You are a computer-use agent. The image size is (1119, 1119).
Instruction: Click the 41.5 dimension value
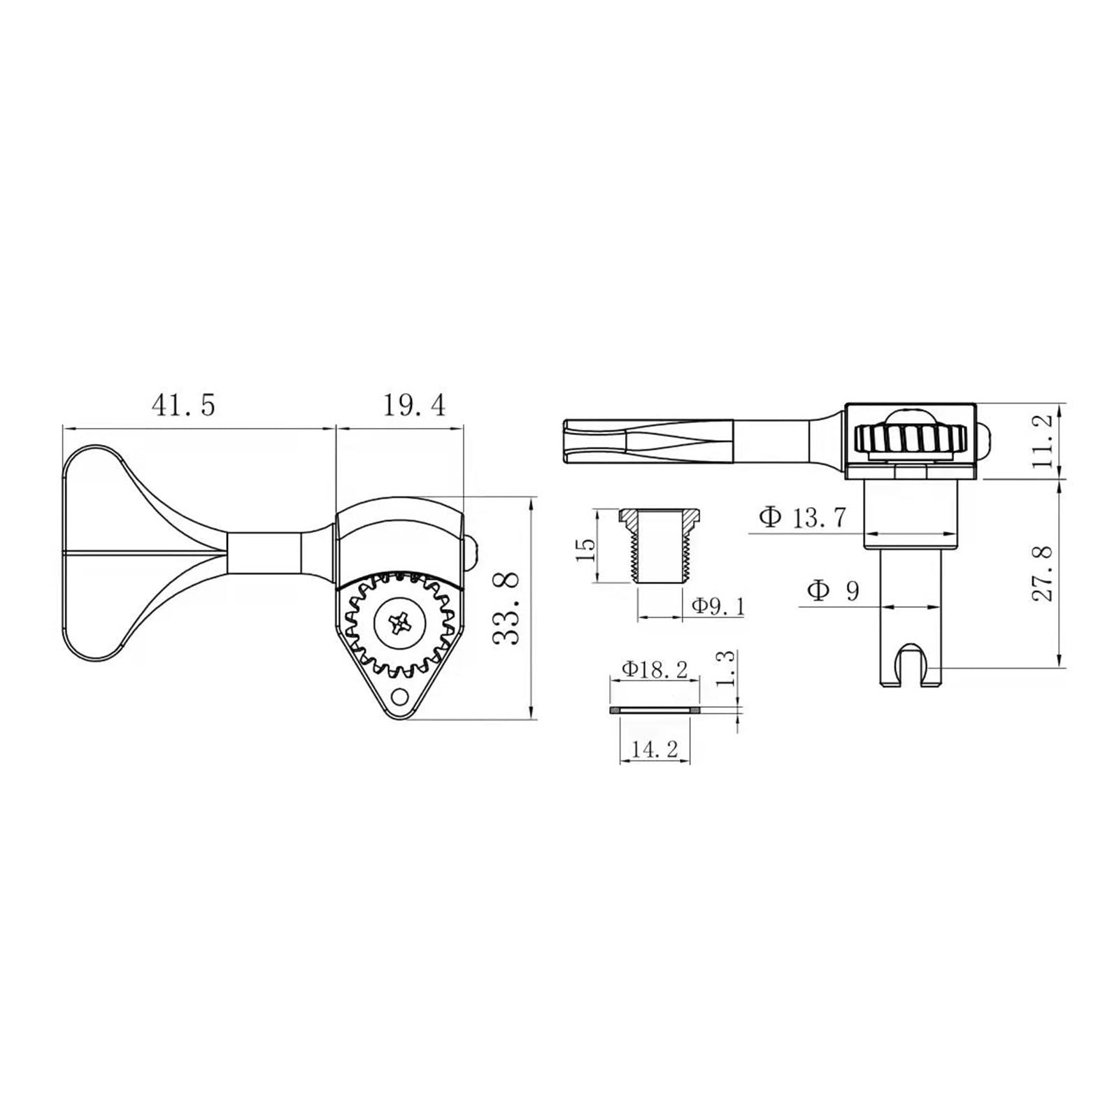point(183,405)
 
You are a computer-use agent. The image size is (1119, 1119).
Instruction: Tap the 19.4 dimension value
point(414,405)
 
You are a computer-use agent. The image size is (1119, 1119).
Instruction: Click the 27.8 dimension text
point(1041,573)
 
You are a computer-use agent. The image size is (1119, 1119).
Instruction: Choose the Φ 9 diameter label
point(833,591)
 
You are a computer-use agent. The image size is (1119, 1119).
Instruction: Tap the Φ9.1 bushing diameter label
point(718,606)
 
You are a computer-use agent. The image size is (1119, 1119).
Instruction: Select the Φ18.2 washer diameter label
point(655,669)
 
